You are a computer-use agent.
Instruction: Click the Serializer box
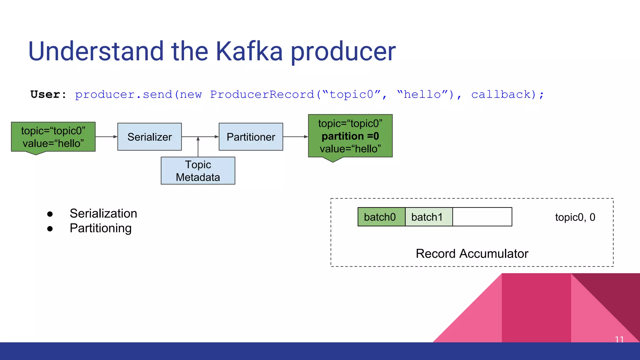(149, 137)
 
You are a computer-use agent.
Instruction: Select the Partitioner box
(251, 137)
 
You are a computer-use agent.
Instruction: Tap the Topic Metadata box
(198, 171)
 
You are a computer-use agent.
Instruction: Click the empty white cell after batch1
(482, 217)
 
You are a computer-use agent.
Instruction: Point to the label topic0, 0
(575, 217)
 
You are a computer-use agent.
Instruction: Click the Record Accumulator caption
(472, 253)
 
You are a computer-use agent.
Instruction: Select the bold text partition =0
(350, 136)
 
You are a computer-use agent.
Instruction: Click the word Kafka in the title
(249, 51)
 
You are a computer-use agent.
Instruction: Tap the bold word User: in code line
(48, 94)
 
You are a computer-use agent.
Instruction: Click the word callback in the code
(501, 94)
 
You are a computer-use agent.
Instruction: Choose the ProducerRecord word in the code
(262, 94)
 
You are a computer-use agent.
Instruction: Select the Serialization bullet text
(103, 213)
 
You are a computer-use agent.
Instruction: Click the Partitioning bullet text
(100, 228)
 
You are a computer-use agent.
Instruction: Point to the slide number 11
(619, 339)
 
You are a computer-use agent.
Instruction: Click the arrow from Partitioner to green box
(295, 137)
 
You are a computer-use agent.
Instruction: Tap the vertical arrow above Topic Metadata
(198, 147)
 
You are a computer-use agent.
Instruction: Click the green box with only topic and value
(53, 137)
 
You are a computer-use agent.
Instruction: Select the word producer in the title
(343, 51)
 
